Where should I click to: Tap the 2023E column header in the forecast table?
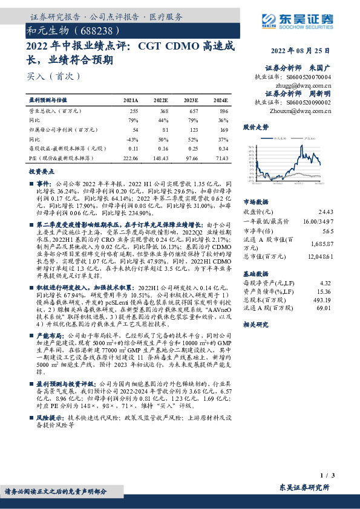(190, 100)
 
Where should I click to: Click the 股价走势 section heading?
(255, 128)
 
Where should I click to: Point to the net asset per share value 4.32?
(327, 282)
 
